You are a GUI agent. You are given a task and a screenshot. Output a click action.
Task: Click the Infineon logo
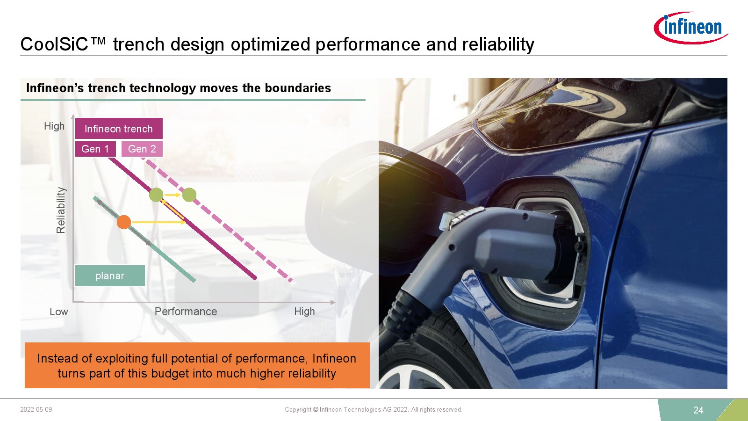pos(690,28)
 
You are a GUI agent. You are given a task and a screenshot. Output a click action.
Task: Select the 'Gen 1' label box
pos(95,149)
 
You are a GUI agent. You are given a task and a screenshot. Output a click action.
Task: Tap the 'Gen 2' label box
pos(142,149)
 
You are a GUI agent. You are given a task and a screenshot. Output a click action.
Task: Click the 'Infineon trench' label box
pos(119,128)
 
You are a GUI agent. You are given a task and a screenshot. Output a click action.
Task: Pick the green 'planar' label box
pos(110,276)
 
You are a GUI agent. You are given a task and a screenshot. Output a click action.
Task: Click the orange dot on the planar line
pos(124,222)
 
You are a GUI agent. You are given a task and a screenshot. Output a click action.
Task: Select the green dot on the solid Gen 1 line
pos(156,195)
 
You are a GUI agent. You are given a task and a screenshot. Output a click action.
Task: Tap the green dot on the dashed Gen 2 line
pos(189,195)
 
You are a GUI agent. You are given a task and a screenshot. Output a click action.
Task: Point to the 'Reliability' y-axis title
pos(61,210)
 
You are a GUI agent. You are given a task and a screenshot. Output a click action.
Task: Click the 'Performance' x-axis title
pos(186,312)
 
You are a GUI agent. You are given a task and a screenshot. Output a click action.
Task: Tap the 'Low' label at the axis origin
pos(59,312)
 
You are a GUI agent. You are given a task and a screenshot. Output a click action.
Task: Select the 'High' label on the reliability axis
pos(54,126)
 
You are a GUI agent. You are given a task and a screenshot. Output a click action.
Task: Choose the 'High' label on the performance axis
pos(304,312)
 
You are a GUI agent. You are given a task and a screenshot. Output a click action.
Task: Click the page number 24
pos(698,410)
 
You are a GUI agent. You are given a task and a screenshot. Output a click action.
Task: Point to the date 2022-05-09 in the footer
pos(36,409)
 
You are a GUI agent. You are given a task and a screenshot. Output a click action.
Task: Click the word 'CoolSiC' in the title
pos(54,44)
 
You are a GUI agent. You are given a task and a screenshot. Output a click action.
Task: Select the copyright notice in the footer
pos(374,409)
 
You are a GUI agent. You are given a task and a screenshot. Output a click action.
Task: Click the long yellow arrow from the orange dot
pos(158,222)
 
